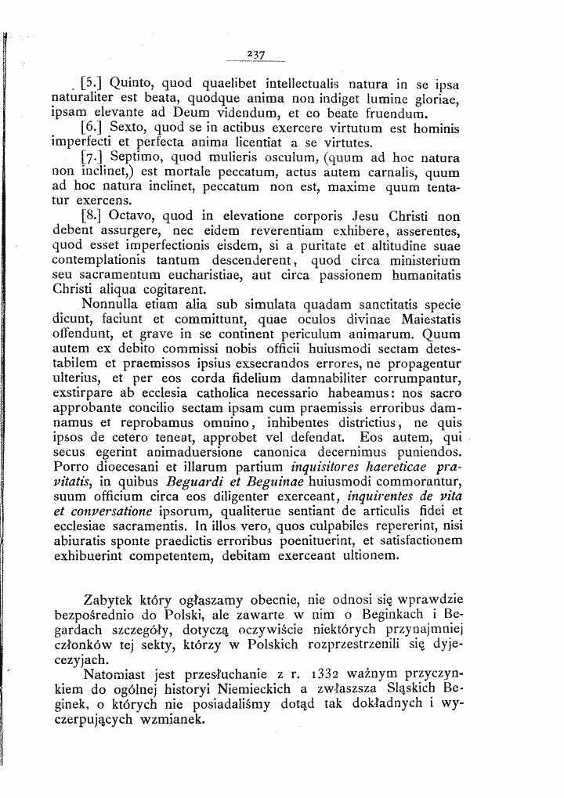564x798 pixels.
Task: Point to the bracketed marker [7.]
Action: click(92, 158)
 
